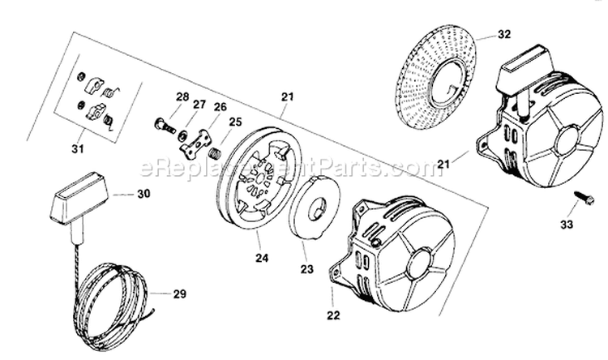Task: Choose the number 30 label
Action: pyautogui.click(x=143, y=195)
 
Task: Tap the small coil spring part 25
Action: pyautogui.click(x=216, y=152)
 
